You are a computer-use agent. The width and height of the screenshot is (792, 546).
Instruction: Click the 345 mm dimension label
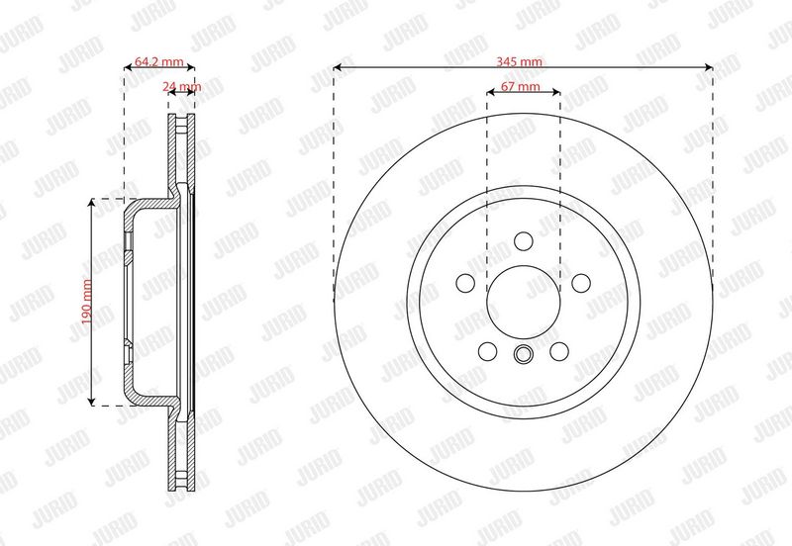coord(519,61)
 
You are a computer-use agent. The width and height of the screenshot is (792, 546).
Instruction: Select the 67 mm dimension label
coord(521,86)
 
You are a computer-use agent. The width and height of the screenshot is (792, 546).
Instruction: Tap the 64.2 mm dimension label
coord(159,61)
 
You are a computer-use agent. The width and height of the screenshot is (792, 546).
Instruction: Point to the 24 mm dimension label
coord(182,86)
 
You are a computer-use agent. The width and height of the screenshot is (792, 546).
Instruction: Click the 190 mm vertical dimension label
coord(87,302)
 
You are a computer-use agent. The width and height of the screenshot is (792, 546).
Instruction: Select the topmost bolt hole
coord(524,241)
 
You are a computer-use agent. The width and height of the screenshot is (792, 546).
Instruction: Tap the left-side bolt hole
coord(465,283)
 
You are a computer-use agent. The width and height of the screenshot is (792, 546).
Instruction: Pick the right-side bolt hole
coord(581,283)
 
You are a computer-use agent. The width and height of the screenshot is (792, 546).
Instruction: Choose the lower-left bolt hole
coord(487,351)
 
